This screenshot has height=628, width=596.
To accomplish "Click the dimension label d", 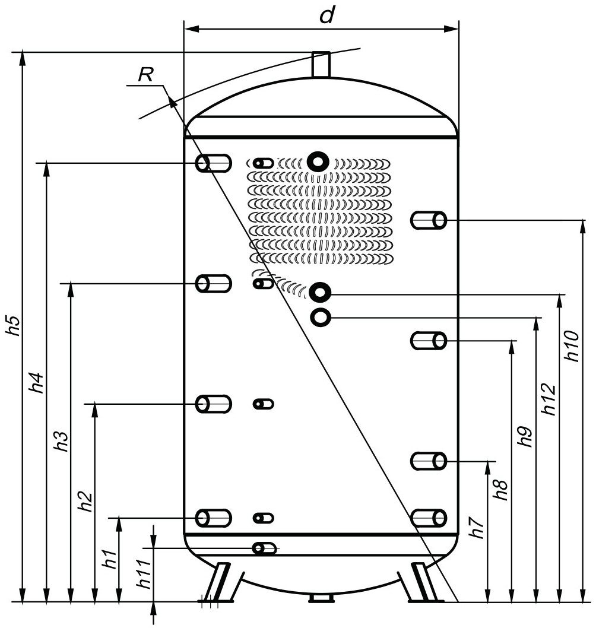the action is pyautogui.click(x=327, y=15).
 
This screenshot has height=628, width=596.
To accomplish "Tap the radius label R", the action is pyautogui.click(x=146, y=75).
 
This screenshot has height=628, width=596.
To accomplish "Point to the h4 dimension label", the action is pyautogui.click(x=37, y=382).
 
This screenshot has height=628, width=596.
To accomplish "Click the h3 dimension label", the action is pyautogui.click(x=61, y=442).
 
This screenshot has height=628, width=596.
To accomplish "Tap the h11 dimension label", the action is pyautogui.click(x=144, y=574).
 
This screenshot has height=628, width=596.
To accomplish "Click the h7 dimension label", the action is pyautogui.click(x=477, y=528).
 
